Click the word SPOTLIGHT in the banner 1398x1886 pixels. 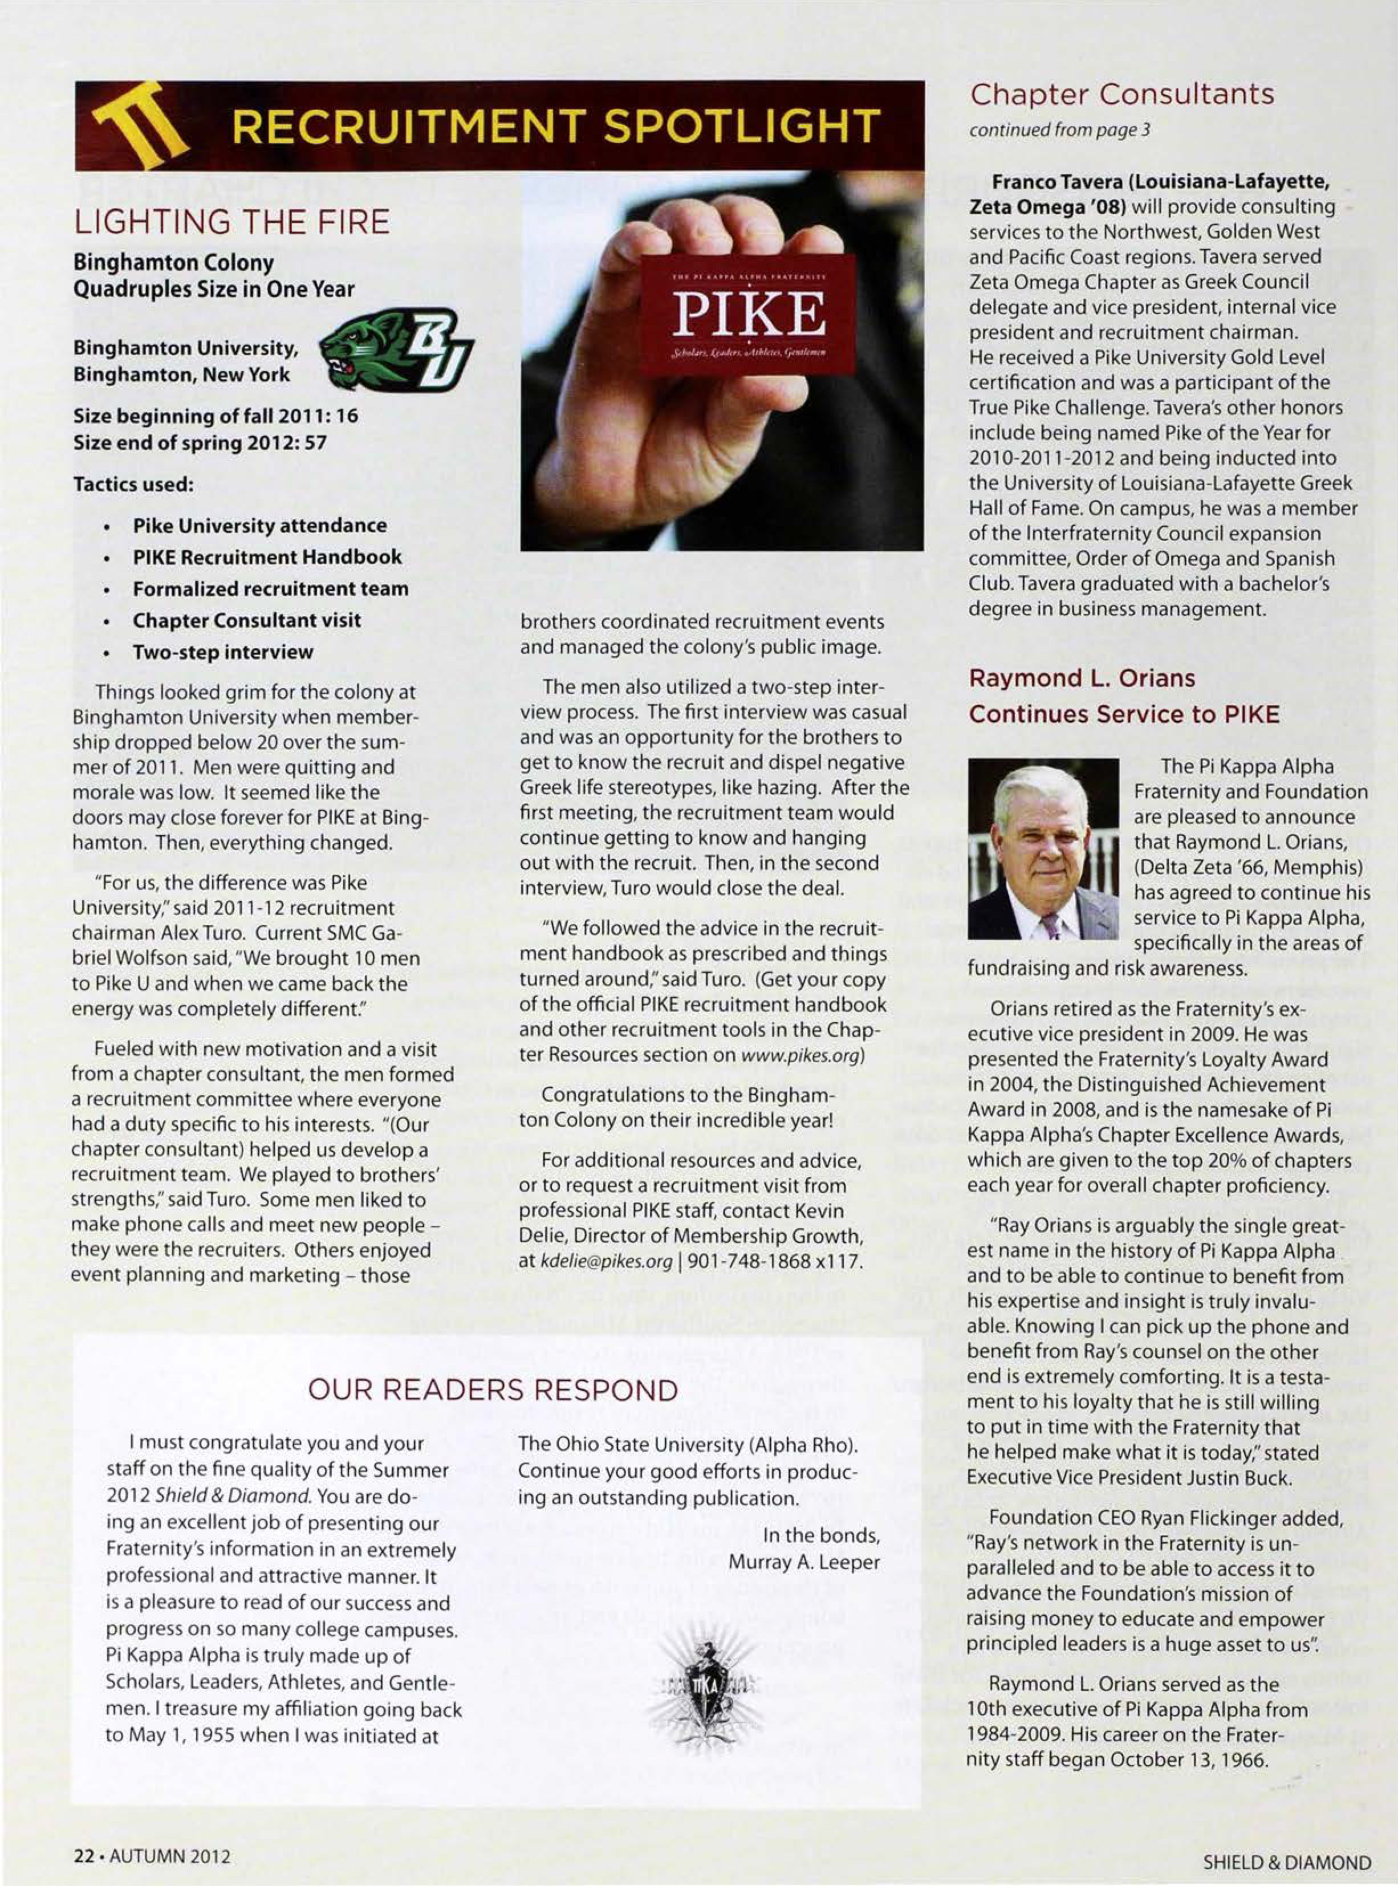[743, 127]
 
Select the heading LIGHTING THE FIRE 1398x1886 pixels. [232, 222]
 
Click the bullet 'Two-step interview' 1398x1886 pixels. [222, 652]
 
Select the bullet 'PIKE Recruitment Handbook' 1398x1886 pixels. [267, 558]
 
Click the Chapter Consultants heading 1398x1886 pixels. [1121, 95]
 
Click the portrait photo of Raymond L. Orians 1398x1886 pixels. [1043, 849]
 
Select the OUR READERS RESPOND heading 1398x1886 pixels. [493, 1390]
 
